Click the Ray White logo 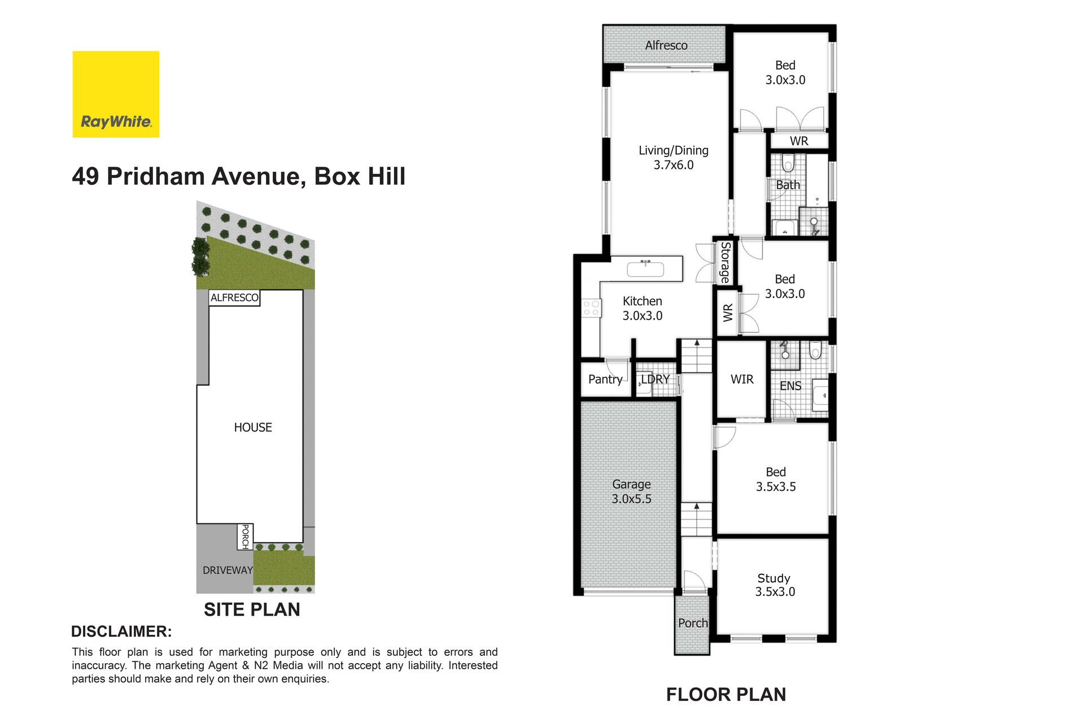pos(116,94)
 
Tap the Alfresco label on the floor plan pos(666,45)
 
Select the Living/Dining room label pos(674,158)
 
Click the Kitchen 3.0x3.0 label pos(642,308)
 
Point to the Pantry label pos(605,379)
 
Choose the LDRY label pos(655,379)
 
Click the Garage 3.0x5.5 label pos(631,491)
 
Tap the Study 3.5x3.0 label pos(775,585)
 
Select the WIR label pos(742,380)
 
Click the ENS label pos(790,386)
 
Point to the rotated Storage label pos(725,262)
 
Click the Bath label pos(788,185)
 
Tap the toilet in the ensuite pos(815,350)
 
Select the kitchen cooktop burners pos(591,308)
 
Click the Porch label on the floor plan pos(693,623)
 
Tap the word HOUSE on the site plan pos(253,428)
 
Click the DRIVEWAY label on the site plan pos(228,570)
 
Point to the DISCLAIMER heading pos(121,631)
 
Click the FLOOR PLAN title pos(726,694)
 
